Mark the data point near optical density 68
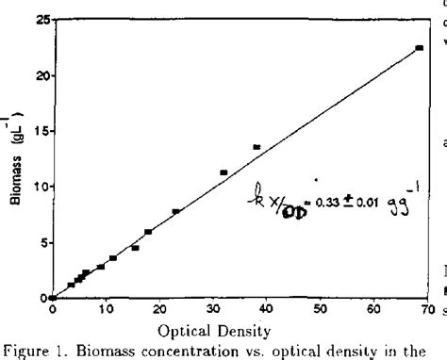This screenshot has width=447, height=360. pos(419,48)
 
